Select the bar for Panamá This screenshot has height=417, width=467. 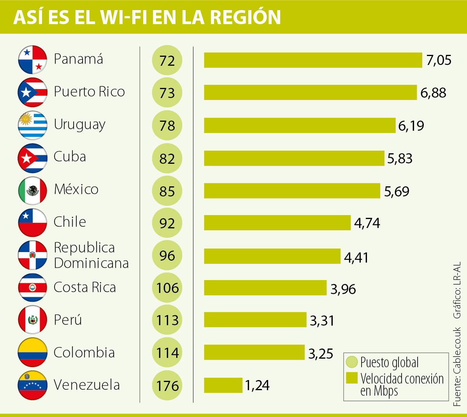(x=313, y=60)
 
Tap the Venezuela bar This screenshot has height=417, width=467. (x=223, y=385)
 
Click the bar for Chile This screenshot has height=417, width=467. (x=277, y=223)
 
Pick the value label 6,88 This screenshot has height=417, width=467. (x=433, y=93)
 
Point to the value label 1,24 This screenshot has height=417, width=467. (x=257, y=385)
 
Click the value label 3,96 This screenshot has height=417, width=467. (x=343, y=289)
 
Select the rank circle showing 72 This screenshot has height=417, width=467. (x=167, y=60)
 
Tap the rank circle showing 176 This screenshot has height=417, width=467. (x=167, y=385)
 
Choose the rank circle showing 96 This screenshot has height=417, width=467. (x=167, y=256)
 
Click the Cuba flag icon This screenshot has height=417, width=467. (x=33, y=158)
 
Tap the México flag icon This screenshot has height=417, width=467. (x=33, y=191)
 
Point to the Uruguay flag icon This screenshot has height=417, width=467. (x=33, y=125)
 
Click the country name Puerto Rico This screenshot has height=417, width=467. (x=89, y=92)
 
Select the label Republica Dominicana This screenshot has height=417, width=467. (x=91, y=255)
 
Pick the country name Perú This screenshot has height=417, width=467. (x=68, y=320)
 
